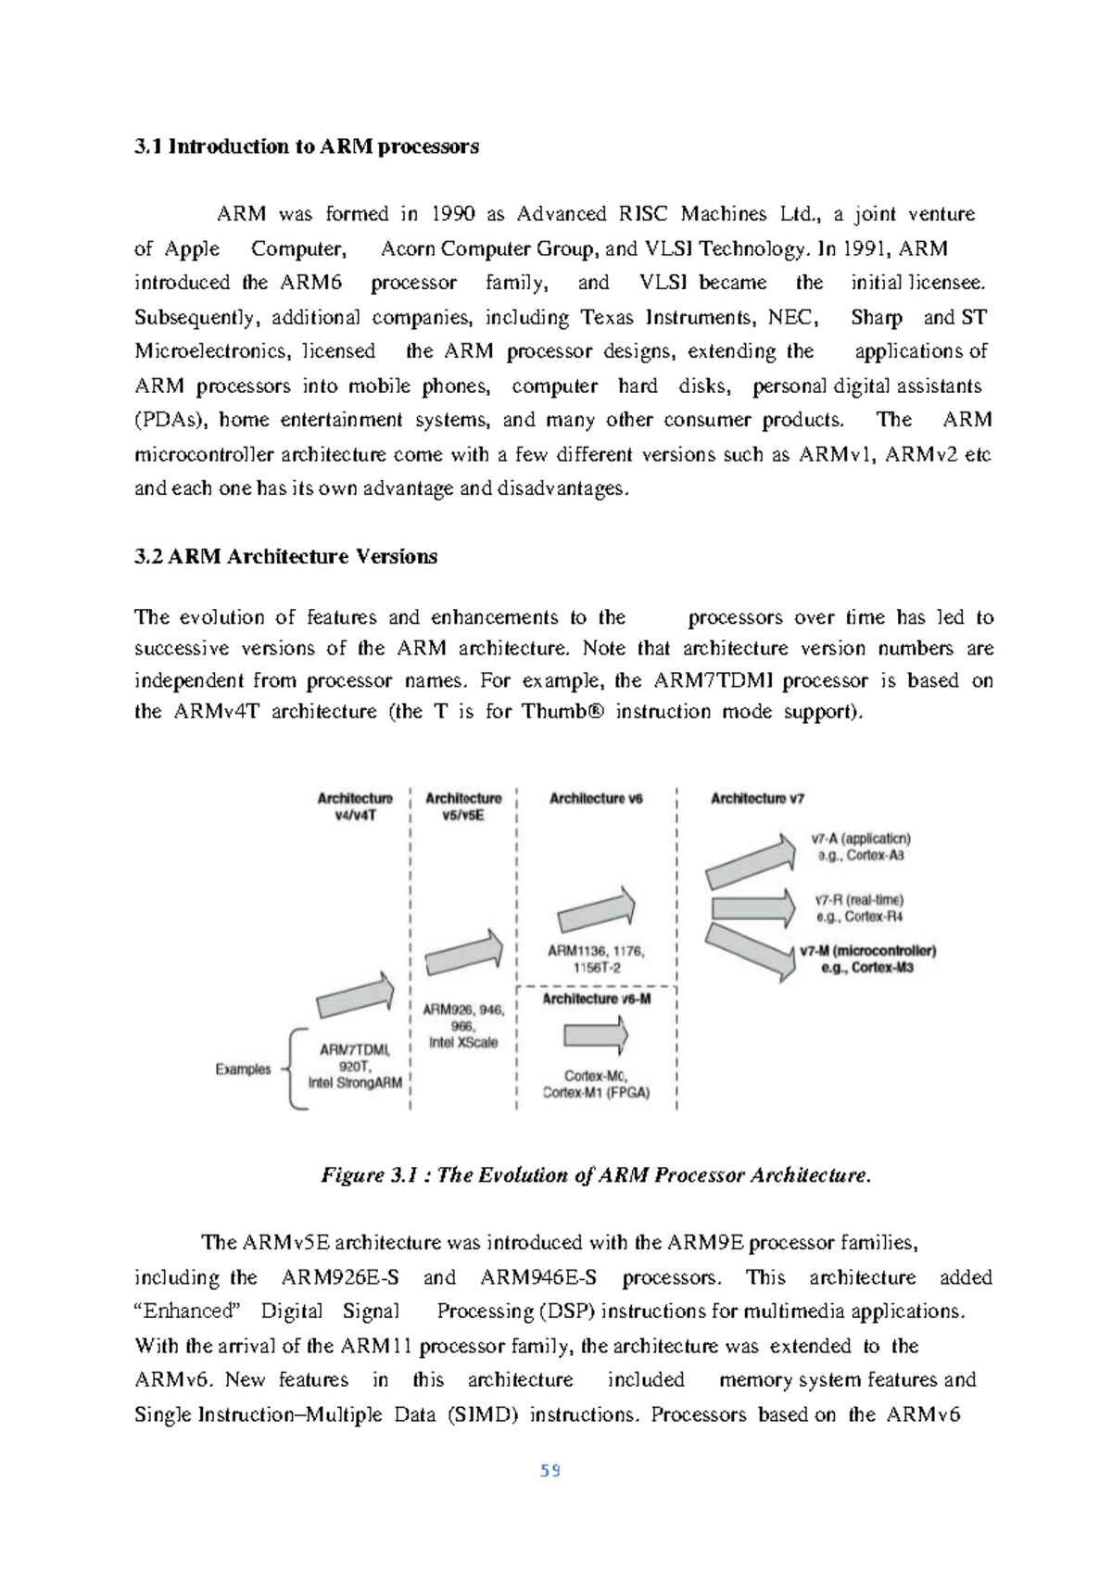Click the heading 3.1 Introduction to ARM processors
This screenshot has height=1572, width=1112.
click(307, 146)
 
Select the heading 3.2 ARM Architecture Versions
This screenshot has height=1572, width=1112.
click(285, 557)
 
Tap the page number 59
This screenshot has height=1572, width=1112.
click(550, 1471)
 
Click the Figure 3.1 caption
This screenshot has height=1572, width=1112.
click(596, 1175)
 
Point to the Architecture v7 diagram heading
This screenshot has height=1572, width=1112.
click(757, 798)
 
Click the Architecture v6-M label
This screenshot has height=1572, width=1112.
click(594, 998)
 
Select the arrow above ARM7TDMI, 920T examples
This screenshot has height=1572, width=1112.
click(355, 996)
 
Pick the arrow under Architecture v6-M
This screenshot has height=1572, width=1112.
click(595, 1035)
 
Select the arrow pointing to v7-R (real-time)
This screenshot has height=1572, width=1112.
click(752, 908)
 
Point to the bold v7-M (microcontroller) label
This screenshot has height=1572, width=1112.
click(868, 951)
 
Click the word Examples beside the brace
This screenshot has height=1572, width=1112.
click(243, 1069)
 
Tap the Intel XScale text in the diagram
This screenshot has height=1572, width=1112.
click(462, 1042)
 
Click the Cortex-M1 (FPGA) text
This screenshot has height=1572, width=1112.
click(596, 1093)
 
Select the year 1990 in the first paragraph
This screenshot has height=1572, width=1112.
click(453, 215)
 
